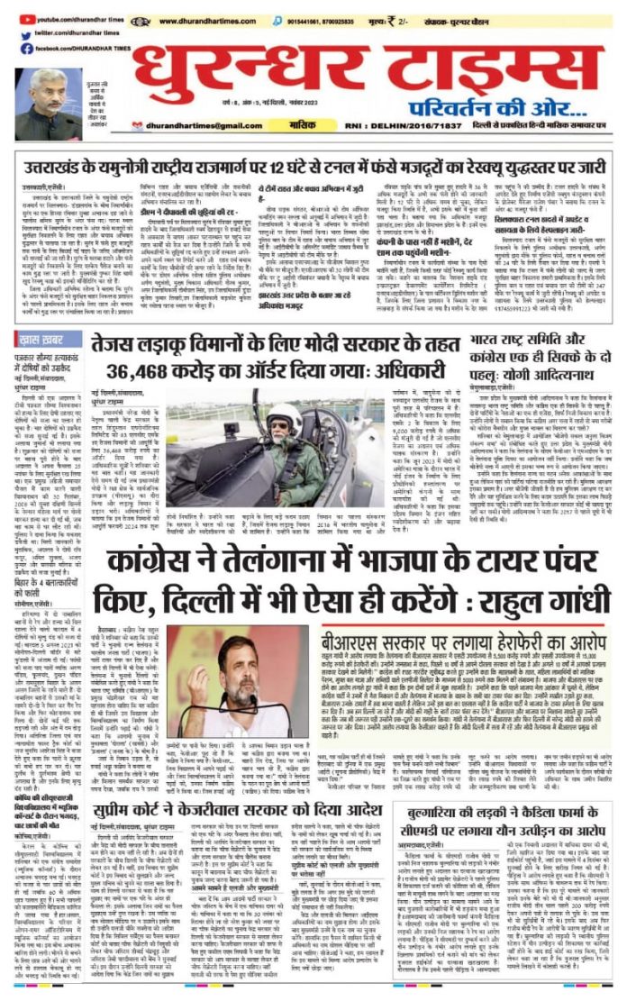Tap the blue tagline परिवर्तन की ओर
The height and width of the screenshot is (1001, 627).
pyautogui.click(x=518, y=101)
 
